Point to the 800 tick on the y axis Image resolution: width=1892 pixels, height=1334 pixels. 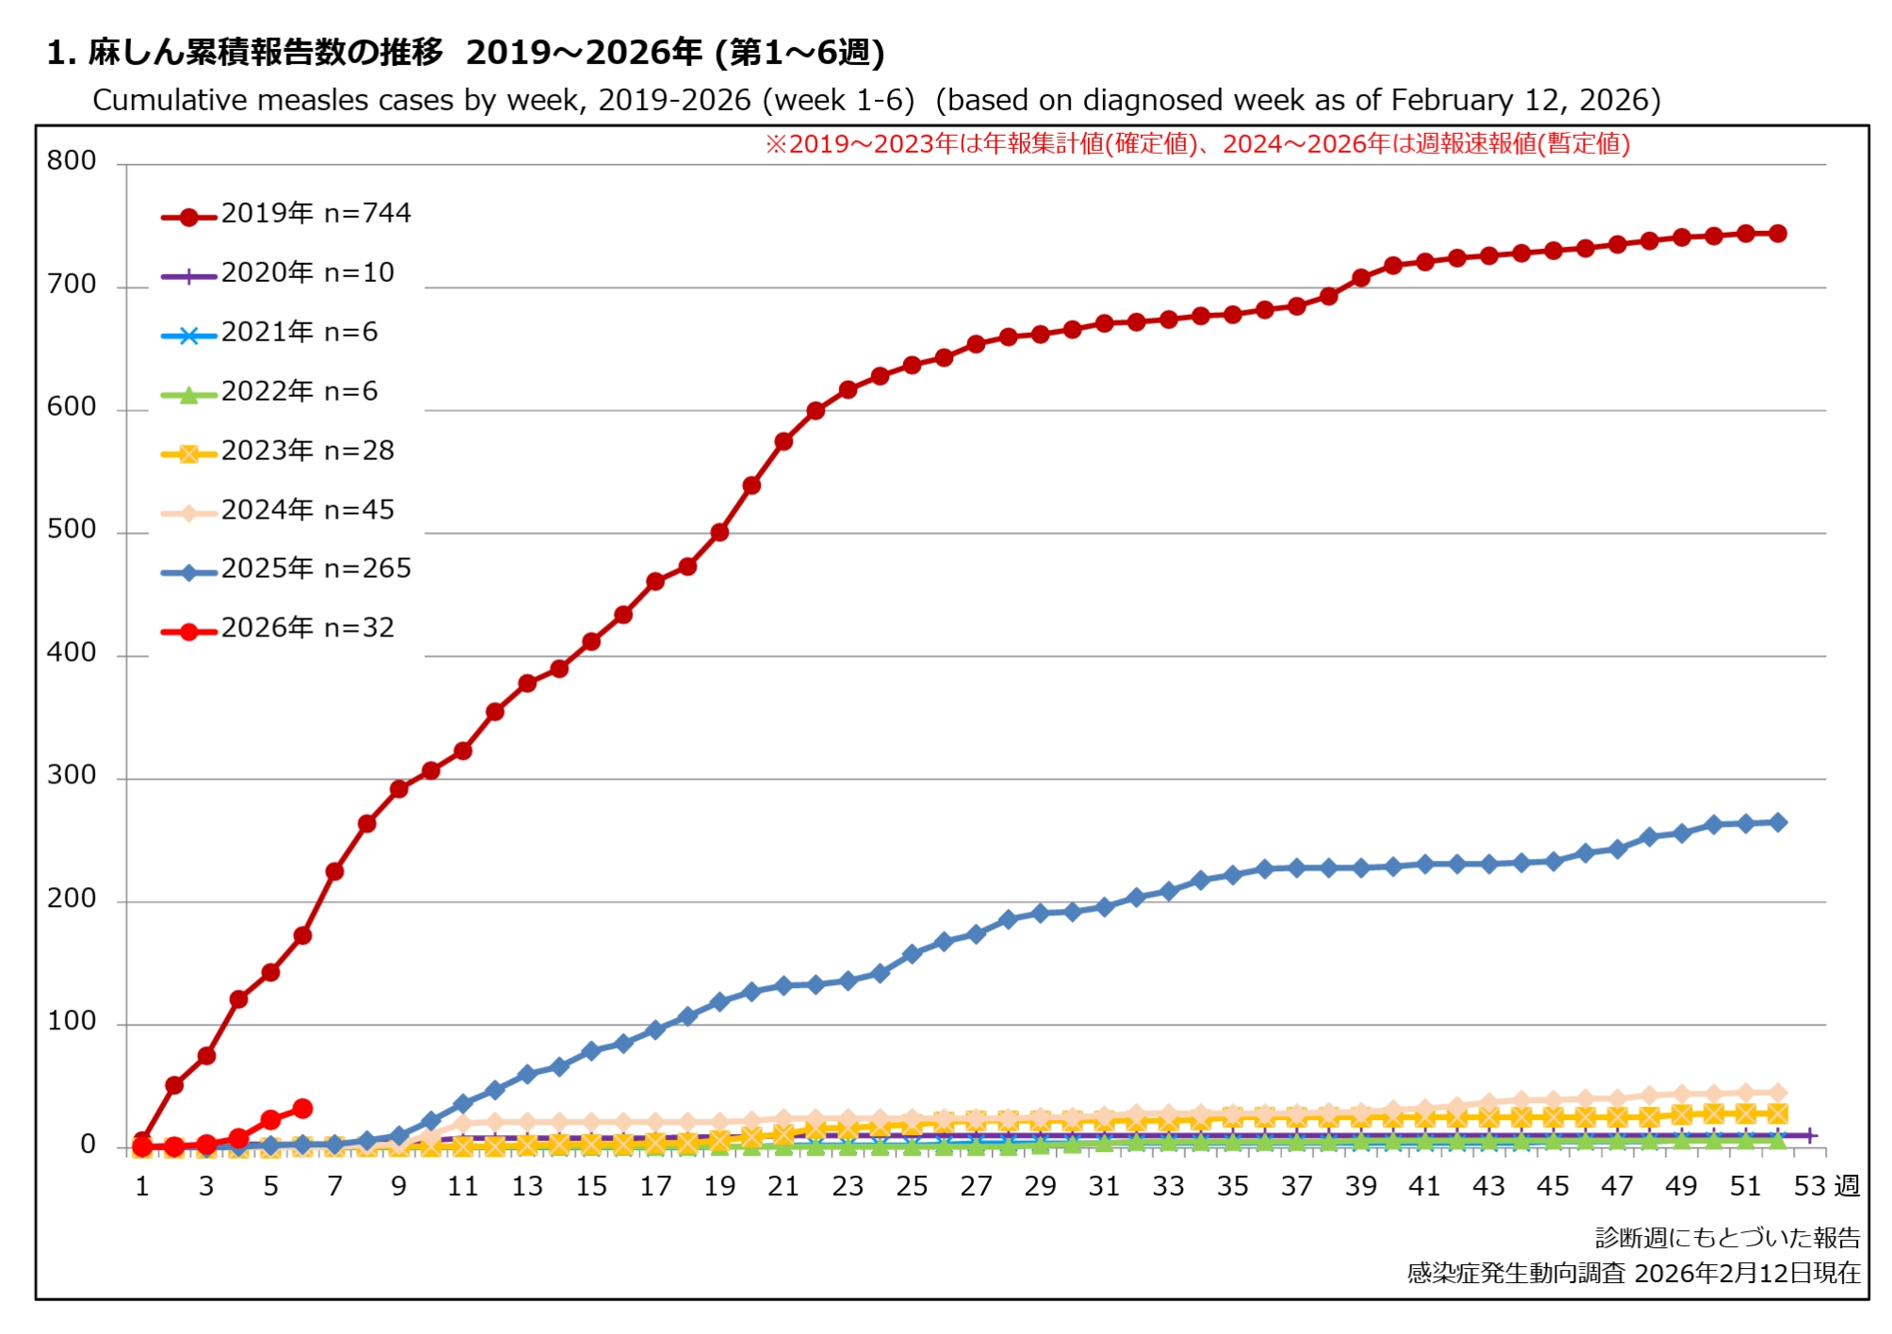[72, 161]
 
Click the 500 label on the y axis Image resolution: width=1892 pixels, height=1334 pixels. [72, 530]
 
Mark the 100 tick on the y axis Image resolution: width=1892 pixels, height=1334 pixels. [72, 1022]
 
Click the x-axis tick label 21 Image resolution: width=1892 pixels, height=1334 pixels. [783, 1187]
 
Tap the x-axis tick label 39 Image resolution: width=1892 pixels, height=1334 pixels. [1360, 1187]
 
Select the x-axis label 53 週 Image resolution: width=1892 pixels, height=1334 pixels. [1825, 1187]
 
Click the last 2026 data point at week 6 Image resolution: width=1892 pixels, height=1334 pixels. [303, 1109]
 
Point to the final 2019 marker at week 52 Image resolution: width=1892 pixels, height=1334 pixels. [1777, 234]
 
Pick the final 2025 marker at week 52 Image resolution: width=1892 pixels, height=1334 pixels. [1777, 823]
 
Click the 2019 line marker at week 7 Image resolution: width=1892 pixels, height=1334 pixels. [335, 872]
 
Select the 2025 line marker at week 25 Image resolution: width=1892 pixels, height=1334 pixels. [912, 955]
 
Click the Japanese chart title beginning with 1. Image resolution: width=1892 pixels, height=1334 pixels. [466, 53]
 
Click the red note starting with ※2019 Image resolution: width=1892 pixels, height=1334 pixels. [1197, 144]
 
